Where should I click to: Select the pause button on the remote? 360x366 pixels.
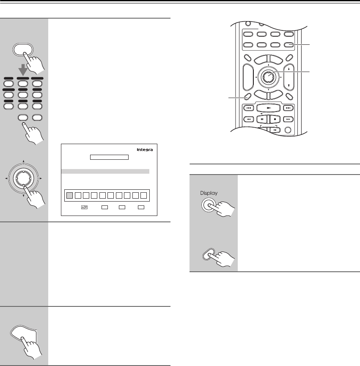pyautogui.click(x=262, y=120)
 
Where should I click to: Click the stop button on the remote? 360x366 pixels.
pyautogui.click(x=275, y=120)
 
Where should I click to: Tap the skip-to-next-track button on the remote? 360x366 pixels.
pyautogui.click(x=289, y=108)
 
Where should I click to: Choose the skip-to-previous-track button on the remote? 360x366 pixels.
pyautogui.click(x=249, y=108)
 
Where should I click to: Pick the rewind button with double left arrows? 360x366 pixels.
pyautogui.click(x=249, y=120)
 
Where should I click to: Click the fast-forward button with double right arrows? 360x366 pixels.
pyautogui.click(x=289, y=120)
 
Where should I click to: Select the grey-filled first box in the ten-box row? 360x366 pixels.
pyautogui.click(x=69, y=195)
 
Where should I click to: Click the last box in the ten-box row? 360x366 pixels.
pyautogui.click(x=144, y=195)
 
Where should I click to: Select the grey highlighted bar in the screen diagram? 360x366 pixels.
pyautogui.click(x=105, y=171)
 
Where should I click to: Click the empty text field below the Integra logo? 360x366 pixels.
pyautogui.click(x=109, y=157)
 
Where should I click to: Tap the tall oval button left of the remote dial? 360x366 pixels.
pyautogui.click(x=247, y=76)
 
